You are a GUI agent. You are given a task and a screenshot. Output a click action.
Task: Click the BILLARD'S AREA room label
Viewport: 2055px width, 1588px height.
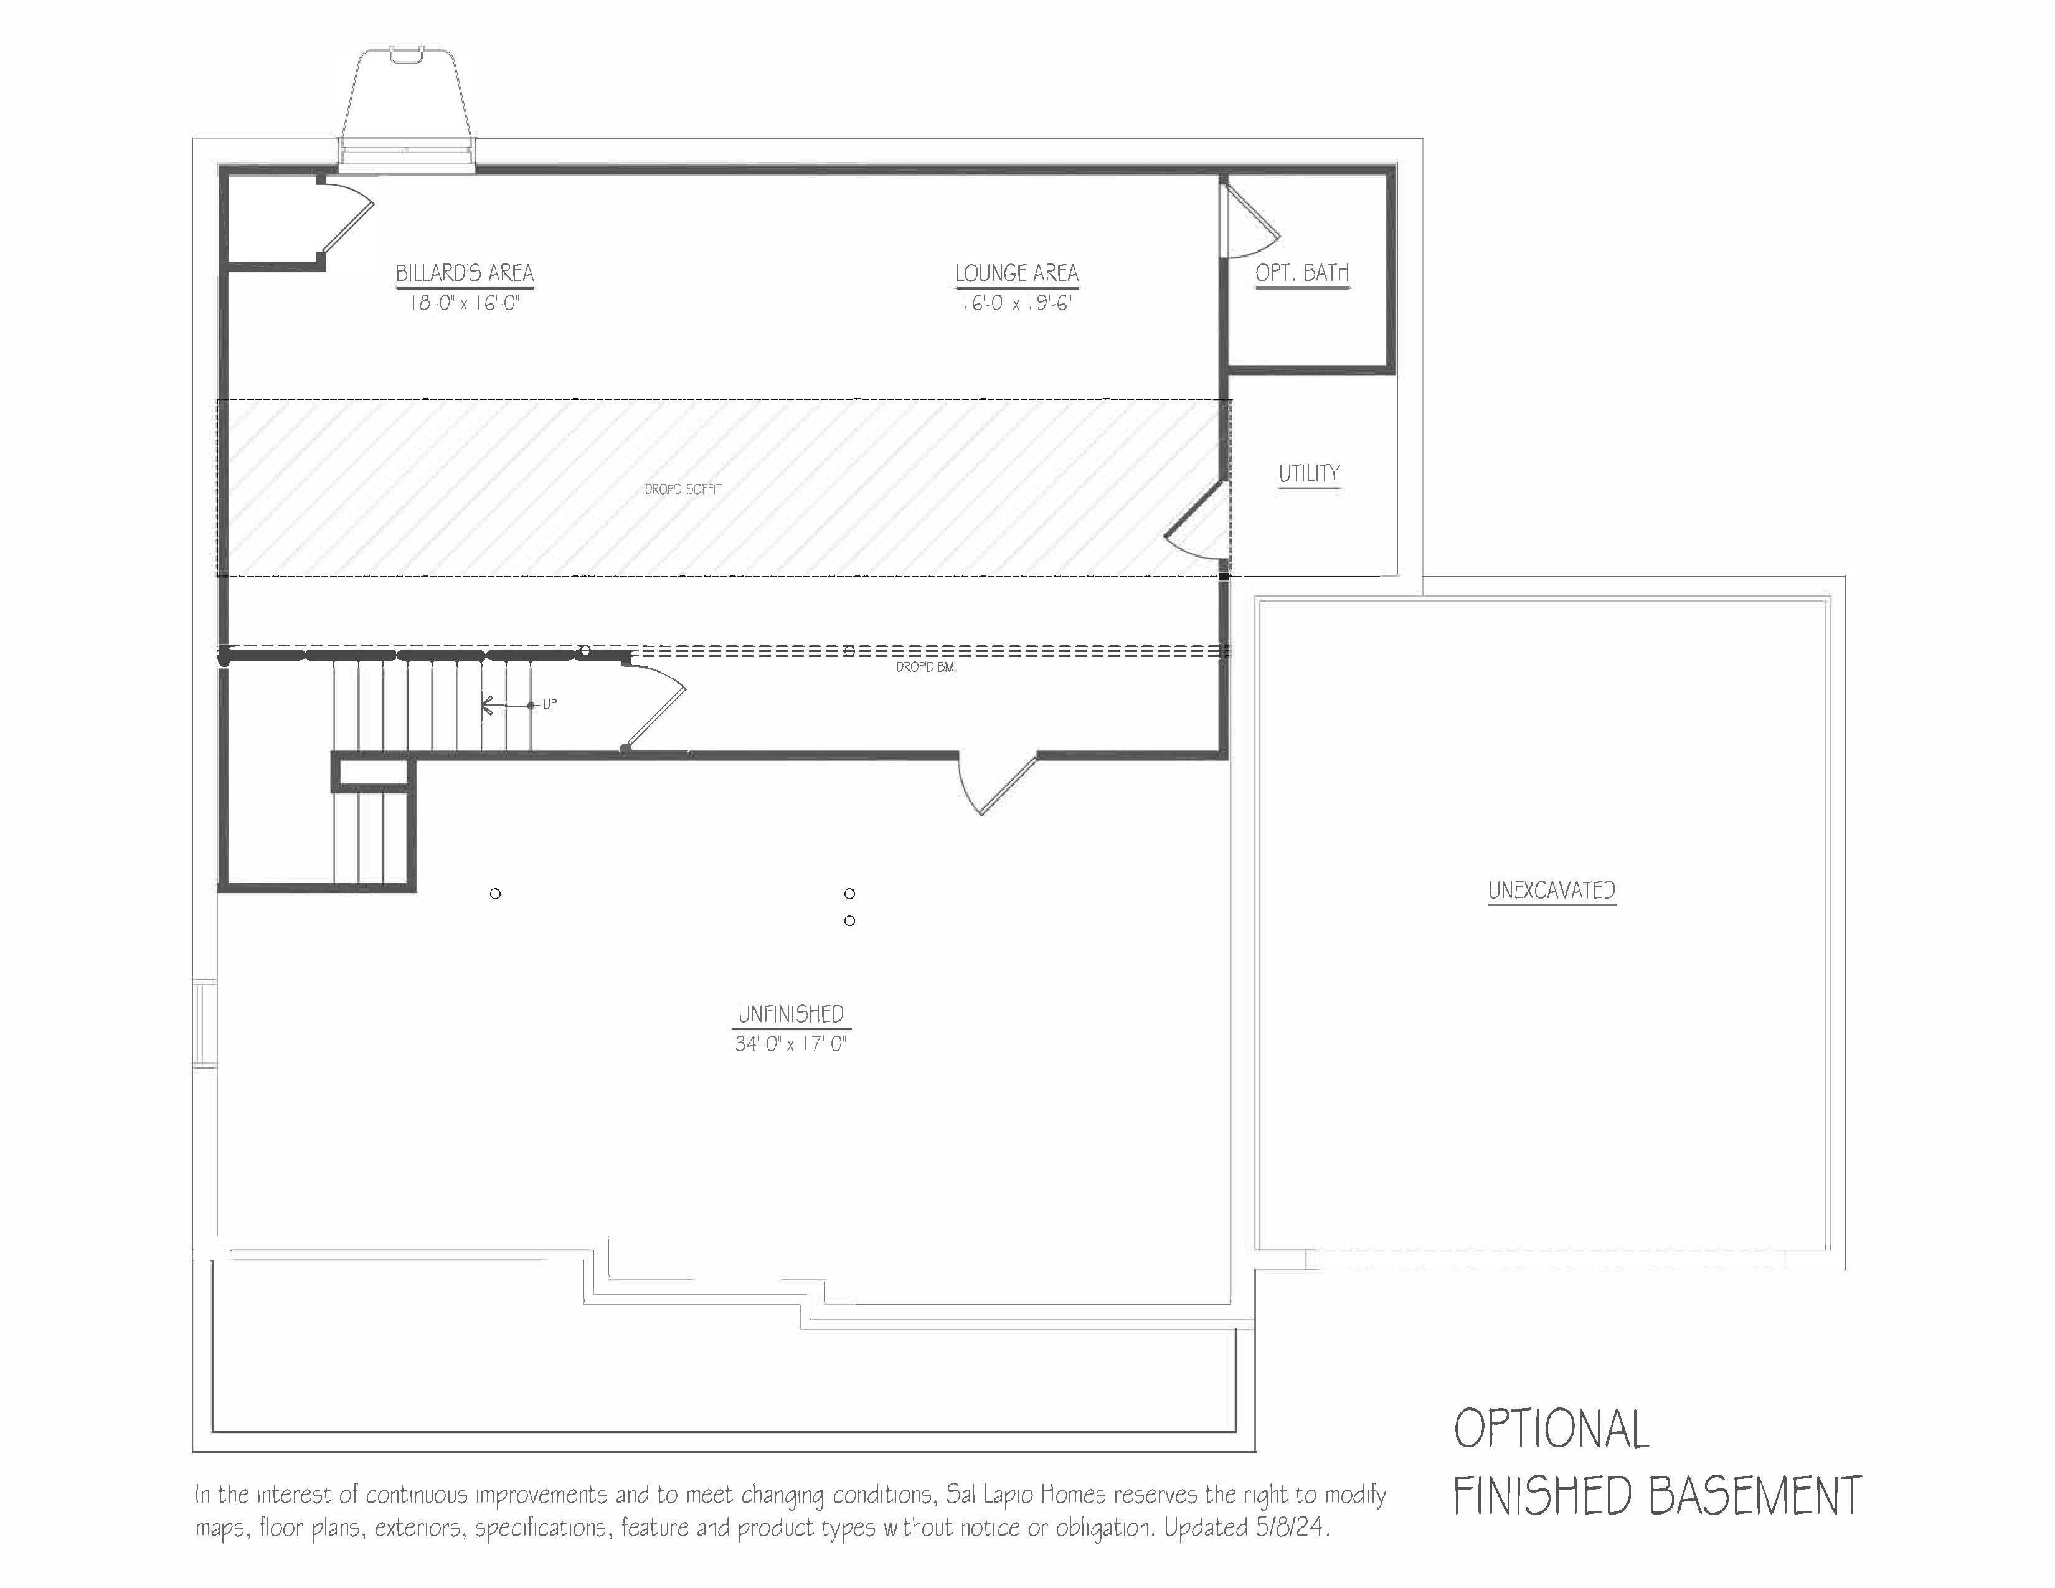click(464, 274)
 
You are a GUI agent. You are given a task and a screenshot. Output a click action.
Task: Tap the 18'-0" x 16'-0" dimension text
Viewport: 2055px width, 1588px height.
click(464, 304)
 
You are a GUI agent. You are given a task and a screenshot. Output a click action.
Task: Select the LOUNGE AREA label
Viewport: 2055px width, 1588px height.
click(1016, 274)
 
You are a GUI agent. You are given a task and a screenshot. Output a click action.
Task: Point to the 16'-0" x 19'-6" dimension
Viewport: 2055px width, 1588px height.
click(1016, 304)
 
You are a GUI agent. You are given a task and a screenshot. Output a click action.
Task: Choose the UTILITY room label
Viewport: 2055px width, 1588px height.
click(1309, 473)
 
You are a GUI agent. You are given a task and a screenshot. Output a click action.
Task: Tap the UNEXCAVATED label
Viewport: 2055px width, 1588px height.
click(1552, 890)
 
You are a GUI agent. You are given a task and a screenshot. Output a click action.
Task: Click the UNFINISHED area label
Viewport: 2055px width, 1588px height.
click(790, 1014)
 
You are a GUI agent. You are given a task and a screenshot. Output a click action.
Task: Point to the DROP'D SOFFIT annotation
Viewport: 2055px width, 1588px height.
click(683, 489)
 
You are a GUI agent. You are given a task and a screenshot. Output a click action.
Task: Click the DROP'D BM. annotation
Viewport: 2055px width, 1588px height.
click(926, 667)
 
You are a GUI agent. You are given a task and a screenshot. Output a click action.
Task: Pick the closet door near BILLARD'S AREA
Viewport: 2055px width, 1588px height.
click(346, 218)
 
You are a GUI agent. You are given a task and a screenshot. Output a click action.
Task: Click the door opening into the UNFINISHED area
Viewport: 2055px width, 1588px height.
click(996, 781)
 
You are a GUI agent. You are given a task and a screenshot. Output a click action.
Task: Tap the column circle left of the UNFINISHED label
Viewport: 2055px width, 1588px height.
click(496, 894)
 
